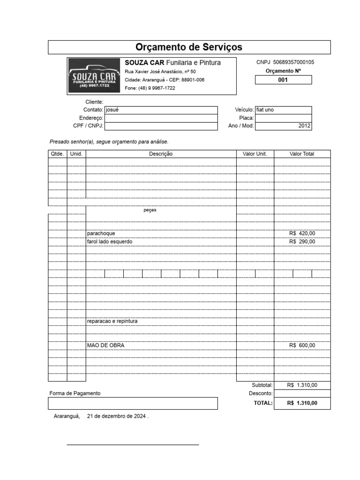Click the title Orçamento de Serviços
pos(189,47)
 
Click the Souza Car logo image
pos(94,76)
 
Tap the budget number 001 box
pos(283,80)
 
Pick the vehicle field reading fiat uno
pos(265,110)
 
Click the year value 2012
pos(305,126)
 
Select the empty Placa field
pos(283,118)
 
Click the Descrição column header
pos(161,154)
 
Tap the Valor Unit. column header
pos(255,154)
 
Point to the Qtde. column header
pos(57,154)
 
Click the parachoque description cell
pos(101,233)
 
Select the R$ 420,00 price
pos(302,233)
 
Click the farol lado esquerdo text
pos(110,241)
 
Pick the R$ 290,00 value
pos(302,241)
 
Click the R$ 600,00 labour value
pos(302,345)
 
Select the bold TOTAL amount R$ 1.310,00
pos(302,403)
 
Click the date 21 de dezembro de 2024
pos(117,416)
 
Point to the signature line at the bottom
pos(133,444)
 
